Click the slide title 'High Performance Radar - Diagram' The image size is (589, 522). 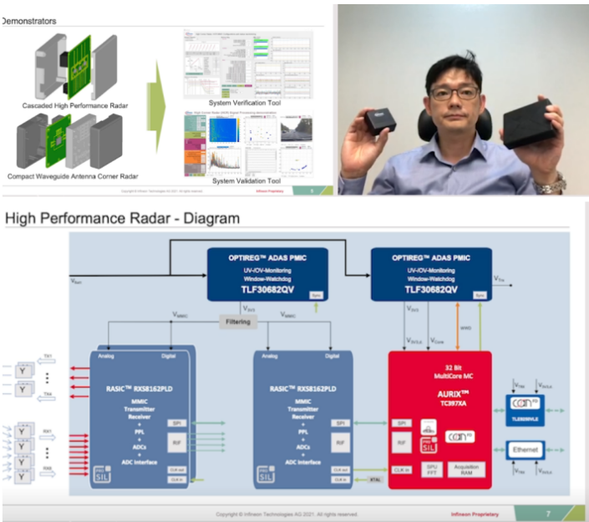tap(122, 218)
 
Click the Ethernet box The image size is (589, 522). tap(525, 449)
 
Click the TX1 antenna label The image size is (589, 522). tap(48, 356)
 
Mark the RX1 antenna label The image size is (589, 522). tap(48, 432)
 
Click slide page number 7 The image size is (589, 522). tap(548, 513)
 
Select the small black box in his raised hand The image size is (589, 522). tap(380, 120)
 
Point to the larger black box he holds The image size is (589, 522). tap(528, 124)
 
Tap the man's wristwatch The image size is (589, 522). tap(551, 185)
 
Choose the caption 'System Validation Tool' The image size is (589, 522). tap(247, 181)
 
